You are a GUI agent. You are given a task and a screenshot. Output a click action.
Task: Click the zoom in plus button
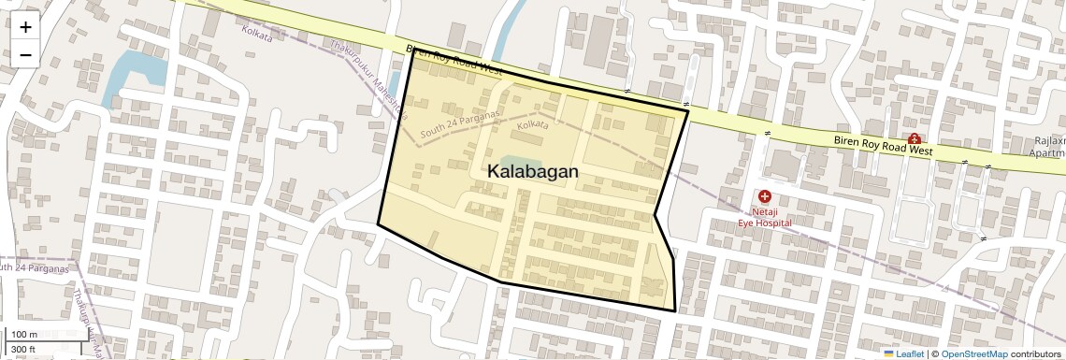(x=25, y=27)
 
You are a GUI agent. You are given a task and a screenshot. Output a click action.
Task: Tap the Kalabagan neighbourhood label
(x=532, y=172)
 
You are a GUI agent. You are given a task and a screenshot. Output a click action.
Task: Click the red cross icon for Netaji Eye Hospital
(x=765, y=196)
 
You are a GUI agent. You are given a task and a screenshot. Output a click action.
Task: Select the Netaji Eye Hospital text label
(x=765, y=217)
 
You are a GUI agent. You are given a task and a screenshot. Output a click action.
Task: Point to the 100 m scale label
(x=24, y=334)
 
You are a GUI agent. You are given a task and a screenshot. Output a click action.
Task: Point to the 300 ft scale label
(x=24, y=350)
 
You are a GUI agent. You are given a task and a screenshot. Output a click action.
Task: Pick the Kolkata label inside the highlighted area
(x=532, y=124)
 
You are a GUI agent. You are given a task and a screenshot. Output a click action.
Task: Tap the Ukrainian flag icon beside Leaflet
(x=888, y=353)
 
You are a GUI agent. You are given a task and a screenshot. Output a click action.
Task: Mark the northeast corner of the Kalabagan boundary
(x=687, y=110)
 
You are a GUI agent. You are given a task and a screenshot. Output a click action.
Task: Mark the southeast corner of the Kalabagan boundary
(x=675, y=310)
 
